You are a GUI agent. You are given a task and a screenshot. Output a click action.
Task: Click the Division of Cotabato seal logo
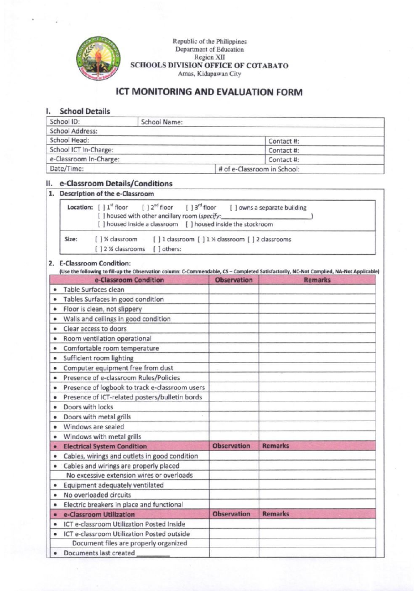point(99,58)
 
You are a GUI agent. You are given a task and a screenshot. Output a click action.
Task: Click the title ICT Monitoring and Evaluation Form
point(209,92)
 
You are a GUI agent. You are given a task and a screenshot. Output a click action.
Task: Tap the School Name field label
point(162,122)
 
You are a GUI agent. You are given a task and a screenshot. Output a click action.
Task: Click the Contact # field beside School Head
point(324,141)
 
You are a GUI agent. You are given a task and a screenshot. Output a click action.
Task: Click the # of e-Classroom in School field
point(300,169)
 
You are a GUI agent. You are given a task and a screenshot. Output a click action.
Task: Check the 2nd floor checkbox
point(145,208)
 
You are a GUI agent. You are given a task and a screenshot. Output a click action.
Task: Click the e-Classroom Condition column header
point(129,280)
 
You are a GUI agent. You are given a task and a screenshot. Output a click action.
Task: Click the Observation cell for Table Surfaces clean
point(233,290)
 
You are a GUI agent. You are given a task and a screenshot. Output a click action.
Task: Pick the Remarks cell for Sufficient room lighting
point(317,358)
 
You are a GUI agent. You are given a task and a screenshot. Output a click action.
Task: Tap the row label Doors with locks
point(88,407)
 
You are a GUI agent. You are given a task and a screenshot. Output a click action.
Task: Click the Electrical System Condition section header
point(104,446)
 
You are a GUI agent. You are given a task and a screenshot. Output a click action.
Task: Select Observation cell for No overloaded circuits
point(233,495)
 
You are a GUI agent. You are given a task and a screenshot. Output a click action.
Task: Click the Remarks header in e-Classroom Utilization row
point(276,514)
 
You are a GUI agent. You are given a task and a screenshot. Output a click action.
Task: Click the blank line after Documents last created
point(153,554)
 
